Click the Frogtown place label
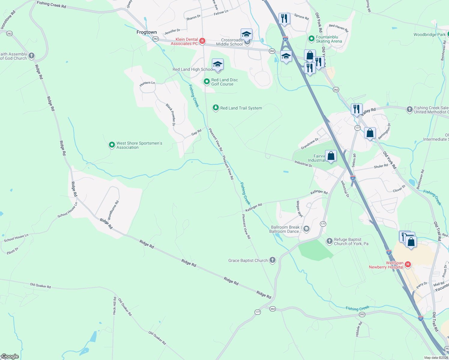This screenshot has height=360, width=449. (146, 32)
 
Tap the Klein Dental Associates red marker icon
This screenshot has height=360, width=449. (202, 41)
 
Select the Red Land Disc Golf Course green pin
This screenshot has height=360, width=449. (206, 82)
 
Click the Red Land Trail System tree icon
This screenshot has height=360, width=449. (215, 108)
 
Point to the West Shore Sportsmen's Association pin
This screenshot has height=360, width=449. (112, 145)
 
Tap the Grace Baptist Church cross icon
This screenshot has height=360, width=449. (273, 260)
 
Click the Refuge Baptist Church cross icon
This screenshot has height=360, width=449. (329, 241)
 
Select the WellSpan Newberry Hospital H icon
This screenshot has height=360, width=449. (408, 264)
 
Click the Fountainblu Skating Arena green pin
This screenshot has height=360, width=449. (312, 39)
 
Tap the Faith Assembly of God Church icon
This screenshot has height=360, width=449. (32, 56)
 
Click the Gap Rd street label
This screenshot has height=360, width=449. (196, 132)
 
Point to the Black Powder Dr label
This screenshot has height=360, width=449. (171, 114)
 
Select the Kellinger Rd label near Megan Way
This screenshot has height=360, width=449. (319, 192)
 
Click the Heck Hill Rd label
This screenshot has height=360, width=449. (114, 306)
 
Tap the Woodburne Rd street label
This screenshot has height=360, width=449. (113, 210)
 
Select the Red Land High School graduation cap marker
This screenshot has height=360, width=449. (218, 65)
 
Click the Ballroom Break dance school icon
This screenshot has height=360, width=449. (306, 229)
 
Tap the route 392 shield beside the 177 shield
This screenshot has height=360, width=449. (272, 309)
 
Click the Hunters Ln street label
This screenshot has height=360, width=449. (147, 84)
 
